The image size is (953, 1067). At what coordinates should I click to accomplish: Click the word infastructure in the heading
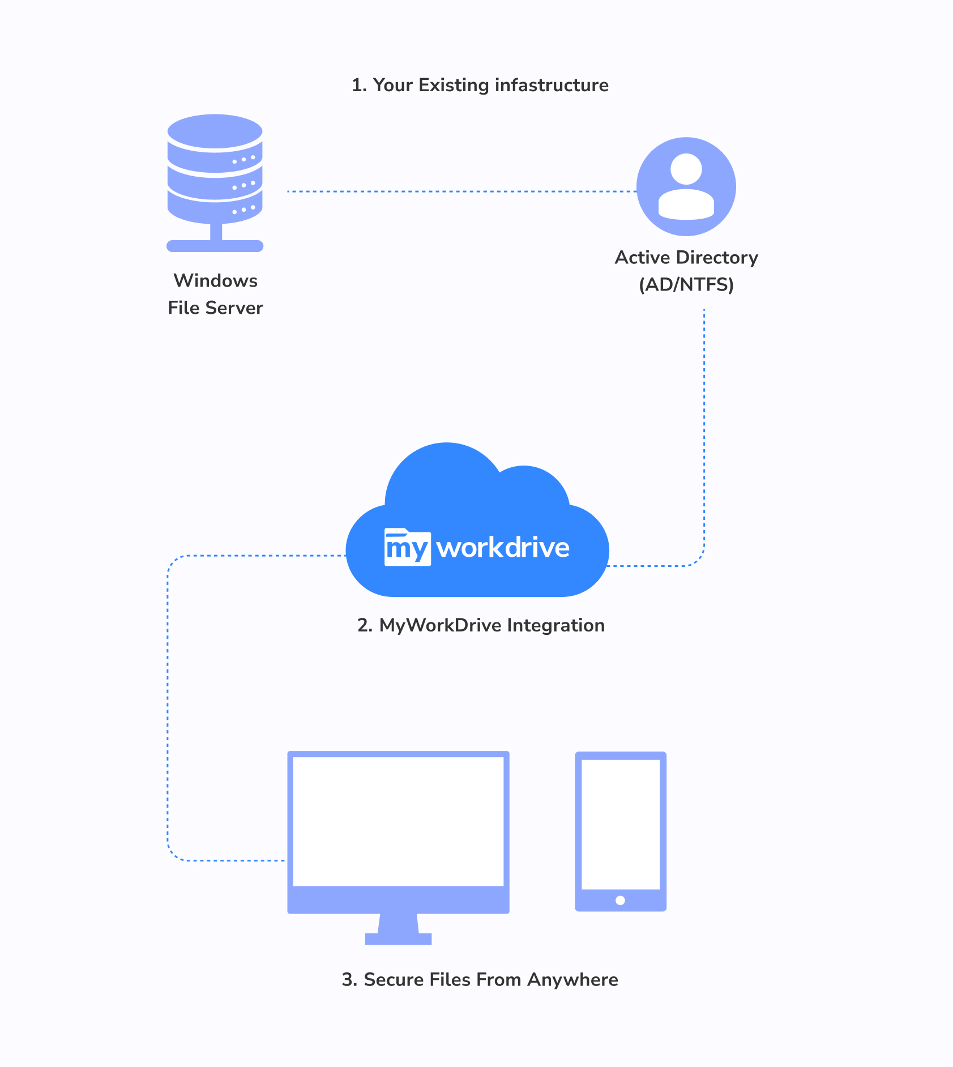pos(552,85)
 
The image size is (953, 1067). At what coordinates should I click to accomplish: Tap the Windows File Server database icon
pos(215,170)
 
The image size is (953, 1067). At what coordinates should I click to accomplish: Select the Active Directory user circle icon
pos(686,186)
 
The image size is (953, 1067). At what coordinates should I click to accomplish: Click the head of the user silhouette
pos(686,169)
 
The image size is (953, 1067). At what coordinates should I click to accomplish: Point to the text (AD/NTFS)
pos(686,284)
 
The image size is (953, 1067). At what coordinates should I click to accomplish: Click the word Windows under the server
pos(215,281)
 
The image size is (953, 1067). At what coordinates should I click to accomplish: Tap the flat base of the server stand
pos(215,246)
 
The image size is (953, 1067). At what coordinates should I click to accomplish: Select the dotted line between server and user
pos(461,191)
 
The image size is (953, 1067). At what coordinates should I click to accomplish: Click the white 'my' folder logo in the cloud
pos(407,548)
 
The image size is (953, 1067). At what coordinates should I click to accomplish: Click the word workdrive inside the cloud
pos(503,548)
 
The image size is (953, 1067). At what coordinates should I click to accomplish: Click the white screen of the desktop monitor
pos(398,821)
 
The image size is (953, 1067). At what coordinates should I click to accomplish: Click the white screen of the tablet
pos(621,824)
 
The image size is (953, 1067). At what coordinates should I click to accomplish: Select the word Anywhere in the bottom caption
pos(572,980)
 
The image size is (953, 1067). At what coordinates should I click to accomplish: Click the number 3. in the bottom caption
pos(349,980)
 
